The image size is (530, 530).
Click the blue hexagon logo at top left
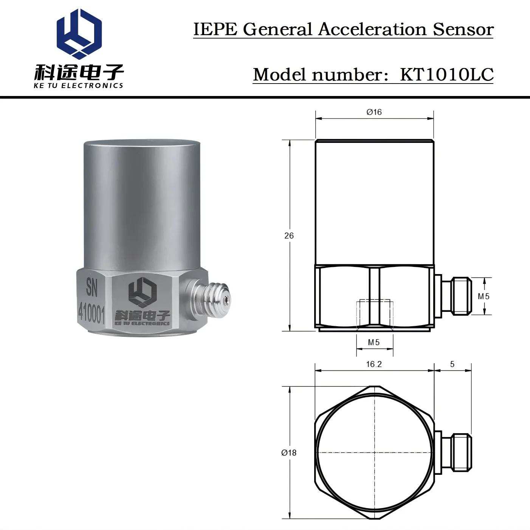tap(79, 34)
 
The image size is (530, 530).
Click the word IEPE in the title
tap(215, 29)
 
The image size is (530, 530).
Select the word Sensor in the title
tap(463, 29)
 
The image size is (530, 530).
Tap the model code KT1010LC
tap(447, 74)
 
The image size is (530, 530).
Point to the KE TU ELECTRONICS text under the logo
tap(78, 85)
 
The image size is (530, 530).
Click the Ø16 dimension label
tap(374, 112)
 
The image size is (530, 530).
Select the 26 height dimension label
tap(289, 236)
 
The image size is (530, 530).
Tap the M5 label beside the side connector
tap(484, 296)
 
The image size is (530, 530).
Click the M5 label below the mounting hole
tap(374, 342)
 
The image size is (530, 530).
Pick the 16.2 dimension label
tap(374, 364)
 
